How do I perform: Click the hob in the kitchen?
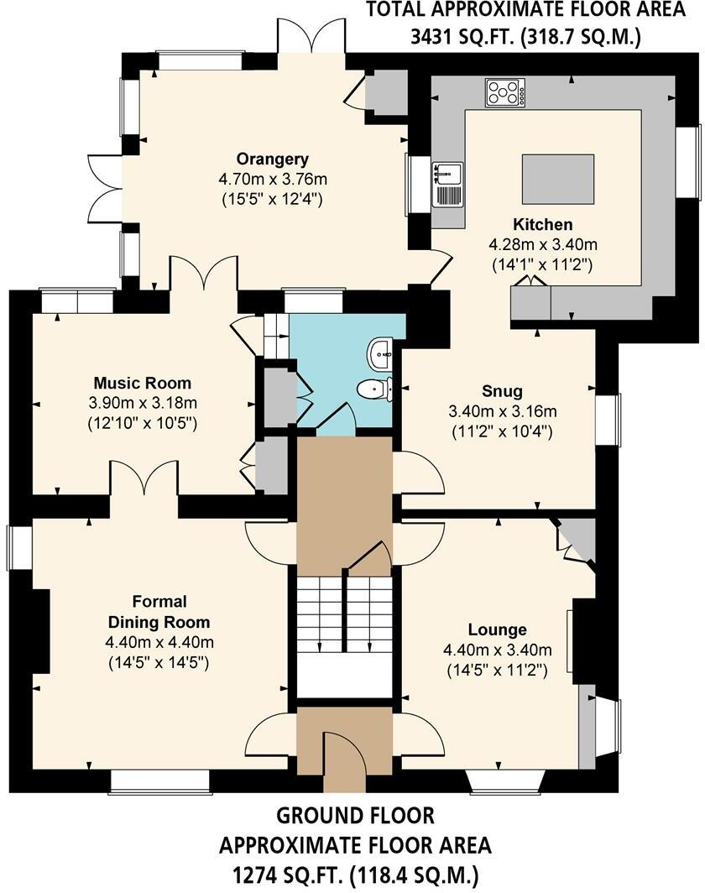tap(505, 92)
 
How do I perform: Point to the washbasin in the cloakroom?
tap(382, 353)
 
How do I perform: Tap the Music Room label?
tap(142, 384)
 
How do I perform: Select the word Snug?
tap(503, 390)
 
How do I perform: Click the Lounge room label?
tap(497, 629)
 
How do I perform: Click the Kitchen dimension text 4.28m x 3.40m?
tap(543, 245)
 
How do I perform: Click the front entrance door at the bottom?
tap(344, 760)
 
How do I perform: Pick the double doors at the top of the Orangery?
tap(311, 35)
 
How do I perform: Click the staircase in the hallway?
tap(344, 613)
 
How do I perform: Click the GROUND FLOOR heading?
tap(355, 815)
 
